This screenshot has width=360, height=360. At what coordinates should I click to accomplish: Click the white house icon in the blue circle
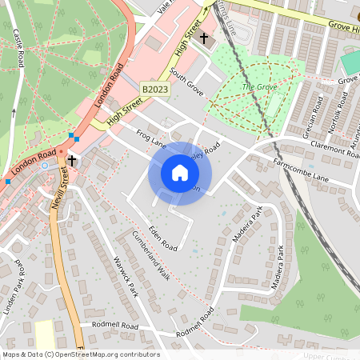point(180,173)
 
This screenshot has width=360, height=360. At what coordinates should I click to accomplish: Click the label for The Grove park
point(258,86)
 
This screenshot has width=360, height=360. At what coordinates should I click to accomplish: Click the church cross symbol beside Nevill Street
point(72,161)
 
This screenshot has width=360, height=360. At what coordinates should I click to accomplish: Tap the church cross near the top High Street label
point(203,38)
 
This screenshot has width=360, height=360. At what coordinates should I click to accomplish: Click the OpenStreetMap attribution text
point(80,354)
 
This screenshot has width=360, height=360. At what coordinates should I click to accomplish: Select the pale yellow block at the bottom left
point(45,334)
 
